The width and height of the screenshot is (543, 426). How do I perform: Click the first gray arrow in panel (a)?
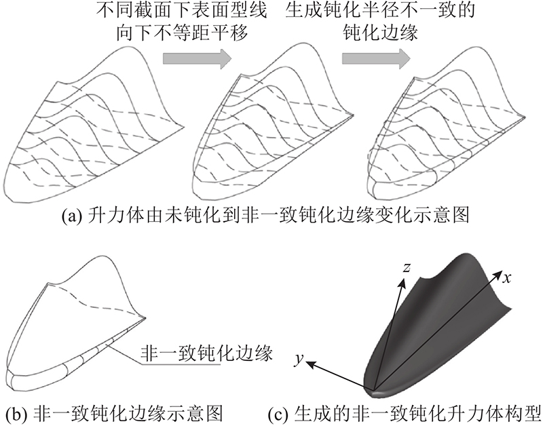click(197, 58)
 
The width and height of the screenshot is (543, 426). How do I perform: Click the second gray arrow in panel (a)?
click(377, 58)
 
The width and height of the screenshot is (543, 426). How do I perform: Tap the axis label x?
click(507, 278)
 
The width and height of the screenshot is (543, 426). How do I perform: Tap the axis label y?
click(299, 360)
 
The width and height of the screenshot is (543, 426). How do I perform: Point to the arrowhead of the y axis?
click(310, 364)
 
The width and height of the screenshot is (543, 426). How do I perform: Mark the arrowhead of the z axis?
click(402, 283)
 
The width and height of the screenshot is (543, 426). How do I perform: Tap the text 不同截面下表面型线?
click(183, 10)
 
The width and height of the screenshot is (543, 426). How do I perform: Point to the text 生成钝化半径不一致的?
click(380, 10)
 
